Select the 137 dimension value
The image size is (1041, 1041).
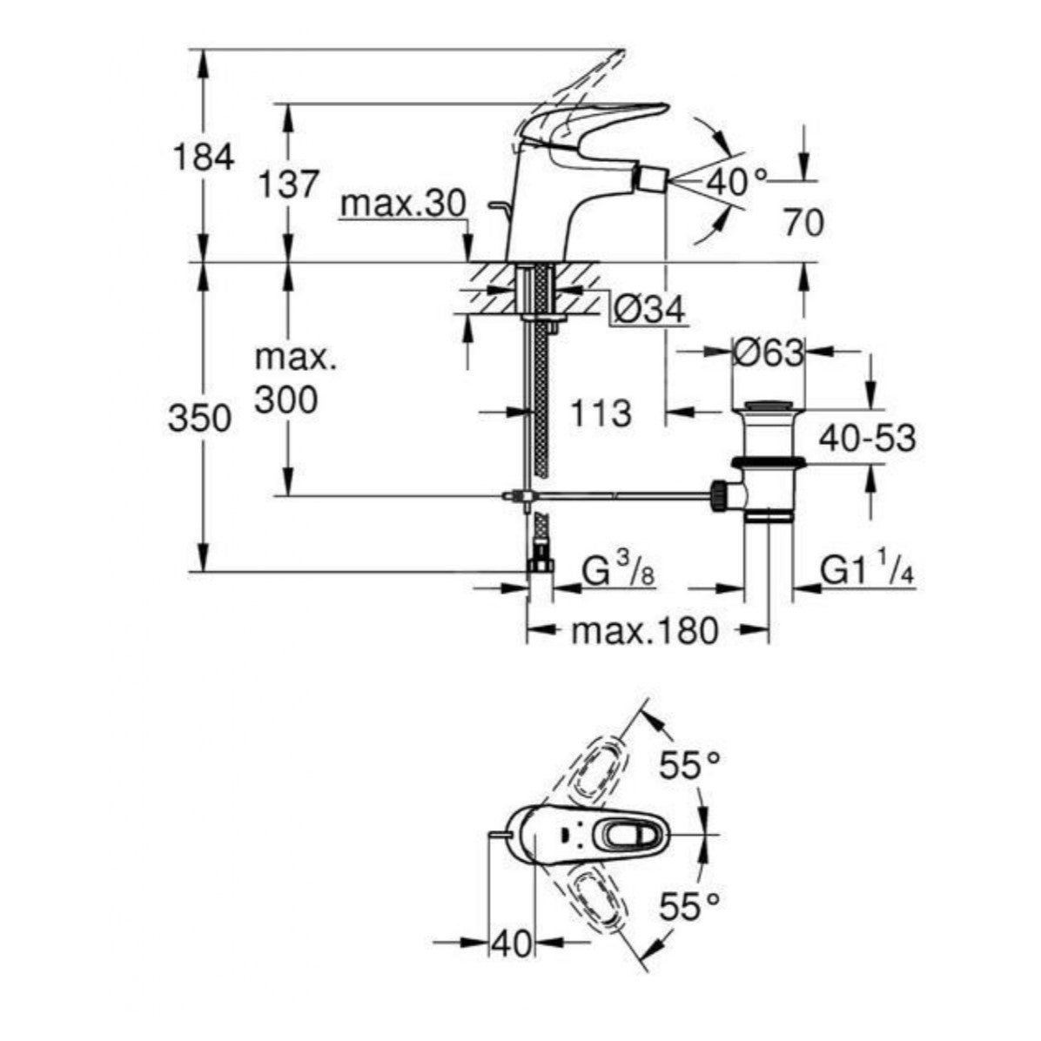(288, 185)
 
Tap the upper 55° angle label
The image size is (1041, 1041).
(688, 765)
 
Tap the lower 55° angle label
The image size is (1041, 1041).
(688, 908)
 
